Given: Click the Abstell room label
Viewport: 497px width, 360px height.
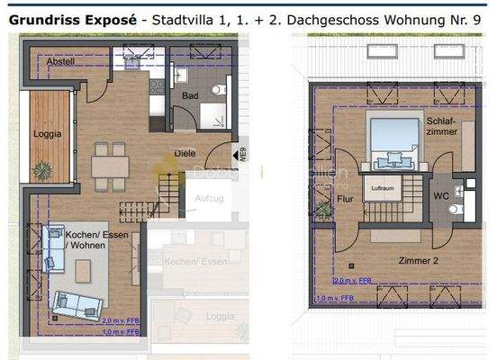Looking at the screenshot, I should (x=50, y=61).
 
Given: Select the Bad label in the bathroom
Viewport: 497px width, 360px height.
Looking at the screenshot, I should (x=189, y=94).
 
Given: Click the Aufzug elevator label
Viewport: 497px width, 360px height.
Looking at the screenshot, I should (x=209, y=195).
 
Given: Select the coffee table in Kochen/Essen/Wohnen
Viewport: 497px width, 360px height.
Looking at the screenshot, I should (x=84, y=268).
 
